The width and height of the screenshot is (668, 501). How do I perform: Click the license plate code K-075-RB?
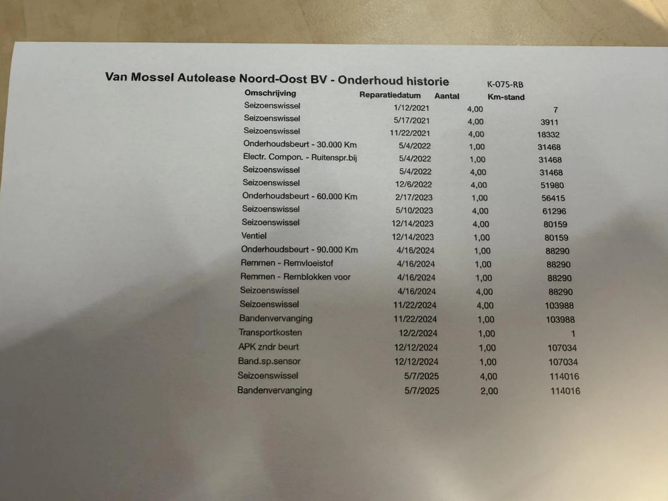click(505, 84)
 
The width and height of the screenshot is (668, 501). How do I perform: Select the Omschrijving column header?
click(270, 93)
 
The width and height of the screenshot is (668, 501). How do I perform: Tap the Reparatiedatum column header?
click(390, 95)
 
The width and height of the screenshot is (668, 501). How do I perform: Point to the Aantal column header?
click(447, 96)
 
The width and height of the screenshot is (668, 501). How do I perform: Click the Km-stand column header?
click(506, 97)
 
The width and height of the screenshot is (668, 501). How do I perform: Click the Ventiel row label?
click(254, 236)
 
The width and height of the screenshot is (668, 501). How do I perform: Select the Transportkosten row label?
click(270, 332)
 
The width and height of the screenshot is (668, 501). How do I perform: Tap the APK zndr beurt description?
click(268, 347)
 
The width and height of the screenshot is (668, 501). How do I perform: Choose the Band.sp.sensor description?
click(269, 361)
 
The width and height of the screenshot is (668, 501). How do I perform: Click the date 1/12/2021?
click(411, 108)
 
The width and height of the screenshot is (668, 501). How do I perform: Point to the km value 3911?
click(549, 122)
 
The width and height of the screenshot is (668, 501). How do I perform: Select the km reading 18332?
click(548, 135)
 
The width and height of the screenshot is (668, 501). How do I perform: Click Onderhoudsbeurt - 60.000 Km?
click(299, 196)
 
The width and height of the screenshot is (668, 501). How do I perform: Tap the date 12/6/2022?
click(413, 184)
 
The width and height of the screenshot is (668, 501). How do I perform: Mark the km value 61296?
click(554, 211)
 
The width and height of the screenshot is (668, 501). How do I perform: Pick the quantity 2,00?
click(489, 391)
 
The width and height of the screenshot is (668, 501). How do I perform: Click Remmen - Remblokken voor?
click(295, 277)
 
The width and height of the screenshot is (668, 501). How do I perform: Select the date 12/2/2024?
click(418, 333)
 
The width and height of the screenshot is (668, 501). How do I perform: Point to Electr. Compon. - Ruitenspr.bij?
click(300, 157)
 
